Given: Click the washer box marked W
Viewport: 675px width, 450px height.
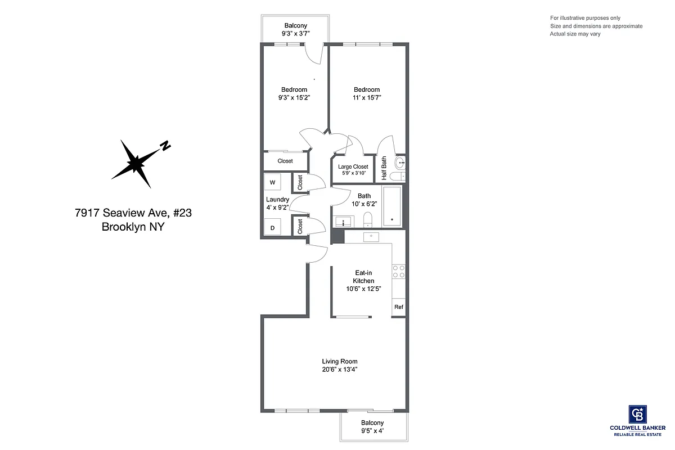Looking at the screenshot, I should pyautogui.click(x=272, y=182).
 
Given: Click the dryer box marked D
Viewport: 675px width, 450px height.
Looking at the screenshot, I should pyautogui.click(x=272, y=228).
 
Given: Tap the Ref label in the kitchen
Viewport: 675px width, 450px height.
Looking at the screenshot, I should pyautogui.click(x=399, y=307).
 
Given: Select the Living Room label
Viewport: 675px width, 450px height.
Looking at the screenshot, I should pyautogui.click(x=340, y=362).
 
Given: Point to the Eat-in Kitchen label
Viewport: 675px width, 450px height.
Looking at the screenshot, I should pyautogui.click(x=363, y=277).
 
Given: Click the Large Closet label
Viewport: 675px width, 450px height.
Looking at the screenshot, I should pyautogui.click(x=353, y=166).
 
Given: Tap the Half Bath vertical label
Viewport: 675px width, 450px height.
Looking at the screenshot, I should pyautogui.click(x=384, y=168).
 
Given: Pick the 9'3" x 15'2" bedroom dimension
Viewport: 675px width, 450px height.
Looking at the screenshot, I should pyautogui.click(x=294, y=97).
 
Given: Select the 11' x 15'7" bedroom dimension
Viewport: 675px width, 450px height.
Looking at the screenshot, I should pyautogui.click(x=367, y=97).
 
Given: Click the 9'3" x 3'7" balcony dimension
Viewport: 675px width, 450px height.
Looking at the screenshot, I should pyautogui.click(x=295, y=34).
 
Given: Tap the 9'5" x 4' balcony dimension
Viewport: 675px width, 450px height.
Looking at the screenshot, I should pyautogui.click(x=372, y=431).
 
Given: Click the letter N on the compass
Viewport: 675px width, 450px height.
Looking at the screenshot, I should pyautogui.click(x=165, y=146).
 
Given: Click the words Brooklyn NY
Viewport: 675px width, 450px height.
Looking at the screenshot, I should pyautogui.click(x=133, y=227).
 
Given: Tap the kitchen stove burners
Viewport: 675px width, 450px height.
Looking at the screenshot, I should pyautogui.click(x=399, y=271).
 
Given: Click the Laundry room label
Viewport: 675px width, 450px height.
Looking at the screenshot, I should pyautogui.click(x=277, y=200).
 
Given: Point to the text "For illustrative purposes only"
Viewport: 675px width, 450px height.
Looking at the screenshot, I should pyautogui.click(x=586, y=18).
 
